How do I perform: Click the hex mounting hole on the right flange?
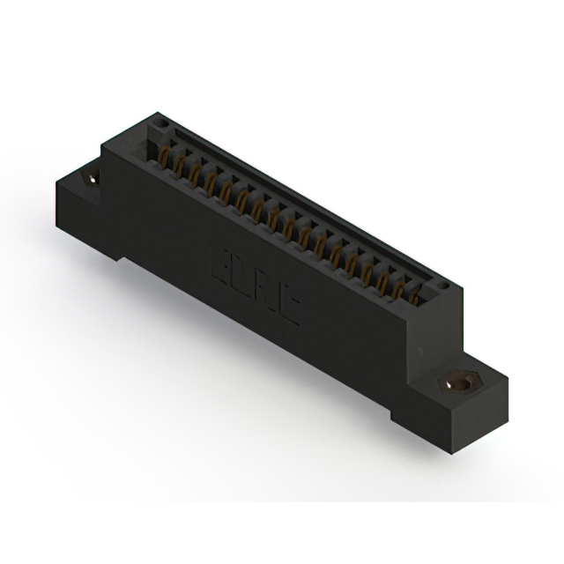coord(457,384)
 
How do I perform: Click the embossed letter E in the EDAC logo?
coord(220,263)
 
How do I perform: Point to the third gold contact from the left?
coord(195,176)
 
